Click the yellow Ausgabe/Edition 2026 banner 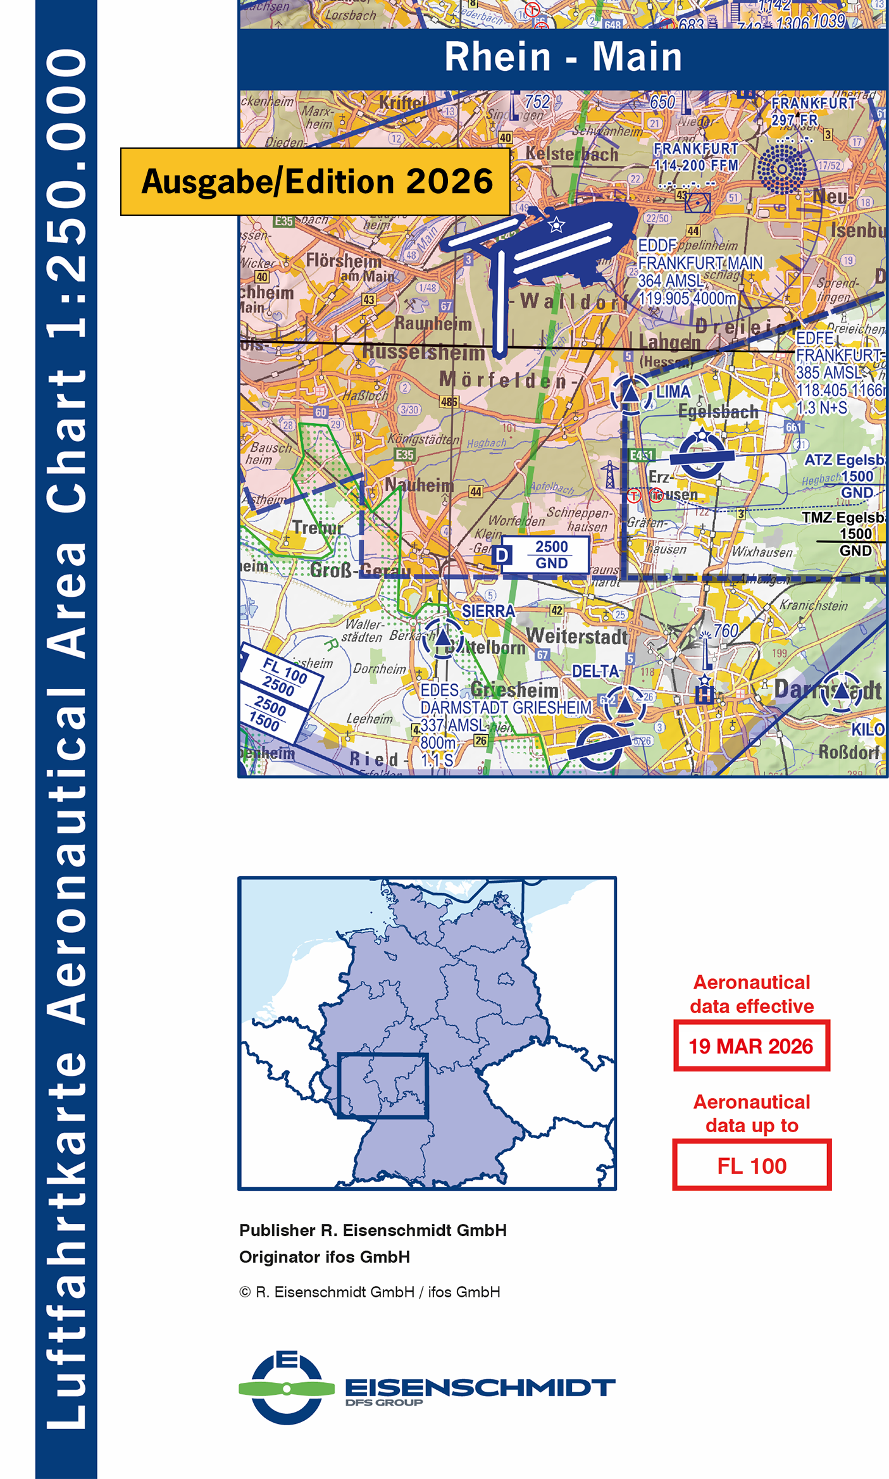[316, 182]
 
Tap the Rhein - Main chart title [563, 58]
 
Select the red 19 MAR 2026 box [751, 1046]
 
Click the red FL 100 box [751, 1166]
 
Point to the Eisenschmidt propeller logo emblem [287, 1389]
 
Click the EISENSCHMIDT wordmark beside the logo [480, 1387]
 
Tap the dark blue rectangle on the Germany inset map [383, 1086]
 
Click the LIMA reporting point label [673, 392]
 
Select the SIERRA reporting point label [488, 611]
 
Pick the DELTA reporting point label [595, 671]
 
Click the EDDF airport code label [657, 246]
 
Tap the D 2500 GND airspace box [544, 555]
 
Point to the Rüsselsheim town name [423, 353]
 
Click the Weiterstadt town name [576, 637]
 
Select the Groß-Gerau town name [359, 570]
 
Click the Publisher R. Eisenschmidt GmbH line [373, 1230]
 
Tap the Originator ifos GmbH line [324, 1257]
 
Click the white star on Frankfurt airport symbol [556, 225]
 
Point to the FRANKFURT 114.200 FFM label [695, 156]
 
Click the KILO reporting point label [867, 729]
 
